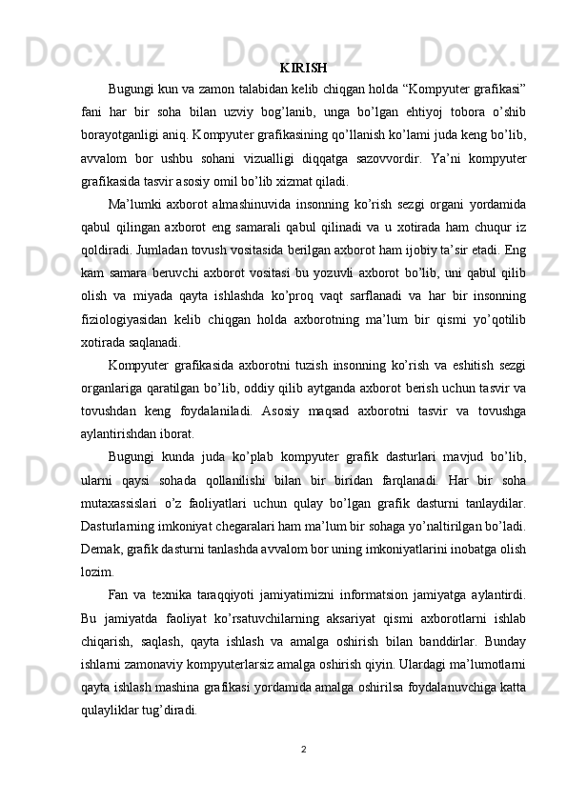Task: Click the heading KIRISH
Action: click(304, 68)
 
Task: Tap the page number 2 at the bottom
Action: click(303, 748)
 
